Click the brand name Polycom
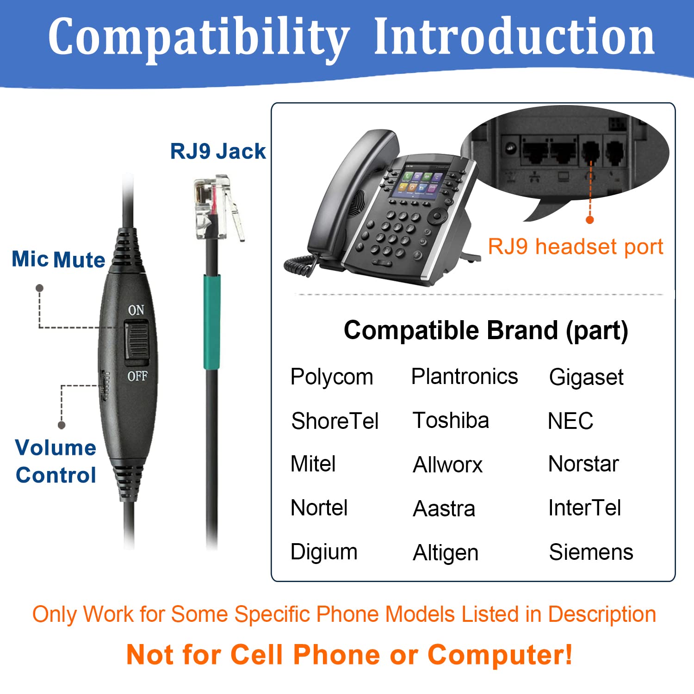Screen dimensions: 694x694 click(331, 377)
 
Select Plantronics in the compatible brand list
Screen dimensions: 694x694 click(464, 376)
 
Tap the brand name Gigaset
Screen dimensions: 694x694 click(586, 377)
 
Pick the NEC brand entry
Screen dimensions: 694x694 click(570, 421)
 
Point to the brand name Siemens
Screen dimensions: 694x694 click(591, 552)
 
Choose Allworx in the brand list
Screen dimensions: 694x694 click(447, 465)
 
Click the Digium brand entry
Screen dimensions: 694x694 click(324, 552)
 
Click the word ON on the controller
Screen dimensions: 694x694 click(136, 310)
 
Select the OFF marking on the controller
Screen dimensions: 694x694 click(137, 376)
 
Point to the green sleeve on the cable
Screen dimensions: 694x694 click(212, 322)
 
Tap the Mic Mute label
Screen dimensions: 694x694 click(58, 260)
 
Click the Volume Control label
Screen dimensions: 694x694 click(56, 461)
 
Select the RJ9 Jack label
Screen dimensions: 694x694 click(218, 151)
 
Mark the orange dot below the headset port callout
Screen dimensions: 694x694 click(589, 220)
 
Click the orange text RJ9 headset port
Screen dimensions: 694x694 click(576, 247)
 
